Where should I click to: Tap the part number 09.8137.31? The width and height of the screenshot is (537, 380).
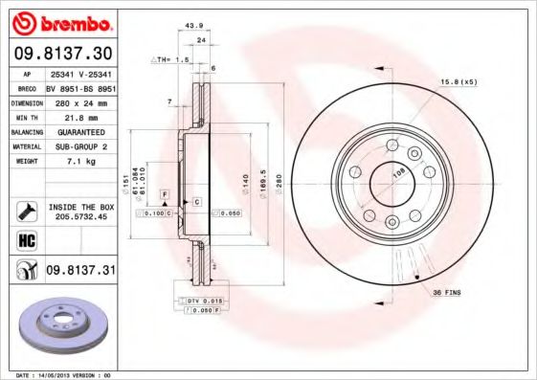click(x=80, y=271)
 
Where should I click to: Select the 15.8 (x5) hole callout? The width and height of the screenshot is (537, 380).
click(x=458, y=83)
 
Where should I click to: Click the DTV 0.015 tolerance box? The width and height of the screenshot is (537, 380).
click(x=203, y=301)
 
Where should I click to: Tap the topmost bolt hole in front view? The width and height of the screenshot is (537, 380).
click(x=391, y=146)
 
